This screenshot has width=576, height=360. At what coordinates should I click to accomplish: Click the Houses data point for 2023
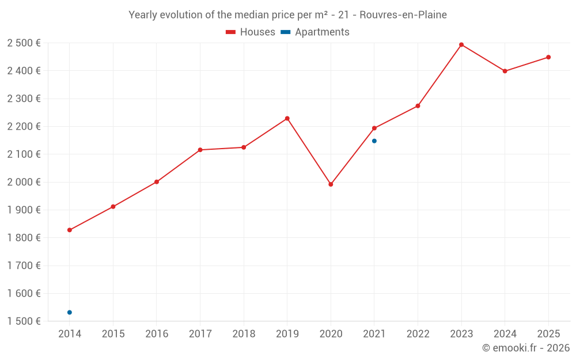[x=461, y=44]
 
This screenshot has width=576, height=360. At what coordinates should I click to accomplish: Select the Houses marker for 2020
[x=331, y=184]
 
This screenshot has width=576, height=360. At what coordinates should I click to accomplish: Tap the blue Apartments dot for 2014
[x=70, y=312]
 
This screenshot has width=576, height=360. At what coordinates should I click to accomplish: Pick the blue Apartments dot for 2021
[x=374, y=141]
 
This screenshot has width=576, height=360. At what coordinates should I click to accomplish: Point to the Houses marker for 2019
[x=287, y=119]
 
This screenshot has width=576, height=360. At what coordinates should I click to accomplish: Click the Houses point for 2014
[x=70, y=230]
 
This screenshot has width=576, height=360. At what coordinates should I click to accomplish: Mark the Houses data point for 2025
[x=548, y=57]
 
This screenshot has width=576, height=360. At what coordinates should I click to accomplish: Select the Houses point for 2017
[x=200, y=150]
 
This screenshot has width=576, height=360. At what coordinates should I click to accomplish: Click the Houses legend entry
[x=251, y=32]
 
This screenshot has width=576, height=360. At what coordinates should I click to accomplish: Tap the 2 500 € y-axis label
[x=24, y=43]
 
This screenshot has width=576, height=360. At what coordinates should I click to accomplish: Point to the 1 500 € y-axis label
[x=24, y=321]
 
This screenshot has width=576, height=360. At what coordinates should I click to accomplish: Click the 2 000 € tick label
[x=24, y=182]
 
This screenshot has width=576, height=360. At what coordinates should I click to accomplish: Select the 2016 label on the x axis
[x=157, y=334]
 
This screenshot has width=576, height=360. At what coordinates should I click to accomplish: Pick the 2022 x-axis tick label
[x=418, y=334]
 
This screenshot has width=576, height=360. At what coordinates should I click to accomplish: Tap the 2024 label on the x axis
[x=505, y=334]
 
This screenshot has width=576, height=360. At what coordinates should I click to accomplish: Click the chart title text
[x=287, y=15]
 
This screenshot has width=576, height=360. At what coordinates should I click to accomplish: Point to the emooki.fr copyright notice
[x=525, y=348]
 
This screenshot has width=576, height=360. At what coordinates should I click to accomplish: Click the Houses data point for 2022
[x=418, y=106]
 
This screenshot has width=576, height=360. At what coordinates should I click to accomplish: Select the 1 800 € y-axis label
[x=24, y=238]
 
